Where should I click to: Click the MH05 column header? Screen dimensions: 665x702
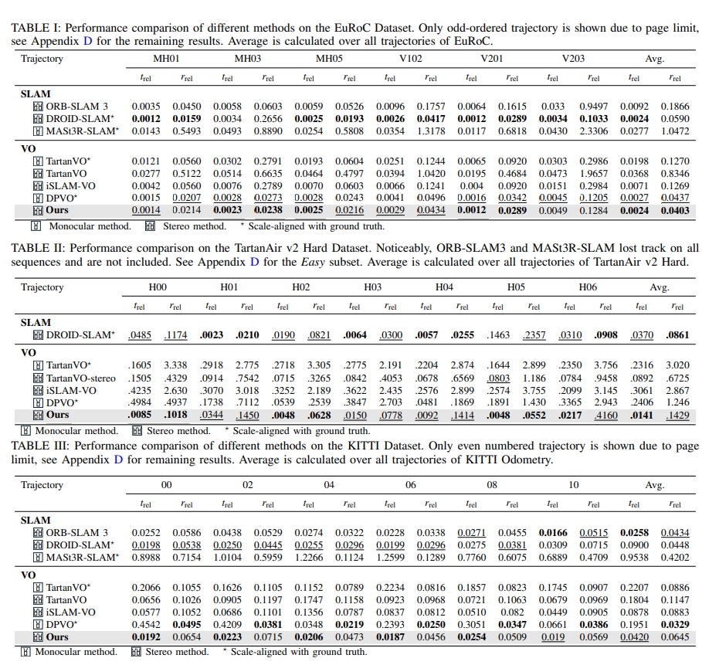328,59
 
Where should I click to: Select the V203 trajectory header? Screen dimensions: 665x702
573,59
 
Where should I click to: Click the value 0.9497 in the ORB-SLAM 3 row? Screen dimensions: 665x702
593,107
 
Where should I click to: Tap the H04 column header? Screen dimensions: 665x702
444,287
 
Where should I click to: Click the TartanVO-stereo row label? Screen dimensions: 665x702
80,378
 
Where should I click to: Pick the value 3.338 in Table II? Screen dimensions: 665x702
175,365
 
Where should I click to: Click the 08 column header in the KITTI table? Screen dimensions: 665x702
491,485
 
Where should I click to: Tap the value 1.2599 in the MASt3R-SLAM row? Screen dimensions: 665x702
390,558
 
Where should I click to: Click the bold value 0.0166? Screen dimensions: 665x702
552,533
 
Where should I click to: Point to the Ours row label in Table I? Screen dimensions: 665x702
56,210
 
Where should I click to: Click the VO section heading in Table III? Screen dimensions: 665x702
28,575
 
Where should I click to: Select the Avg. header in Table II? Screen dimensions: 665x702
659,287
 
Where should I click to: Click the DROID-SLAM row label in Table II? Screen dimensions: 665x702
79,335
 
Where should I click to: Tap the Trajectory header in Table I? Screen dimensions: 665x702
42,59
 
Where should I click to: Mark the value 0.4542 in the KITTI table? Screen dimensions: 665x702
146,624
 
